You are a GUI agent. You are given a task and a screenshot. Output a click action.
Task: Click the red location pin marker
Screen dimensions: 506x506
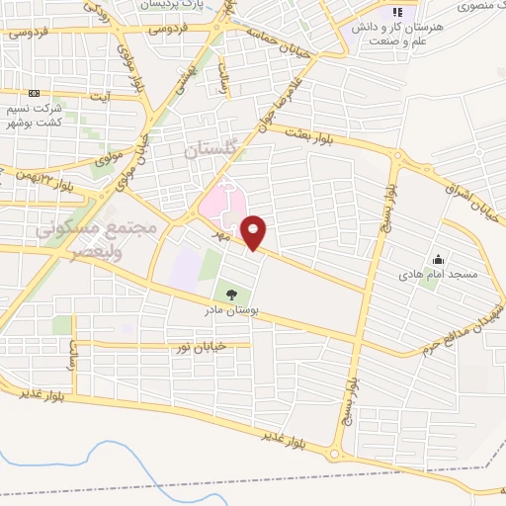pyautogui.click(x=255, y=232)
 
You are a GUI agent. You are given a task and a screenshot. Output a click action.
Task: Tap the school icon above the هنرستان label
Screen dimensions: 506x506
pyautogui.click(x=398, y=13)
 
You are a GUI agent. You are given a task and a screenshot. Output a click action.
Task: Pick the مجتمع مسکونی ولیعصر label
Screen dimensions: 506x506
pyautogui.click(x=96, y=237)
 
